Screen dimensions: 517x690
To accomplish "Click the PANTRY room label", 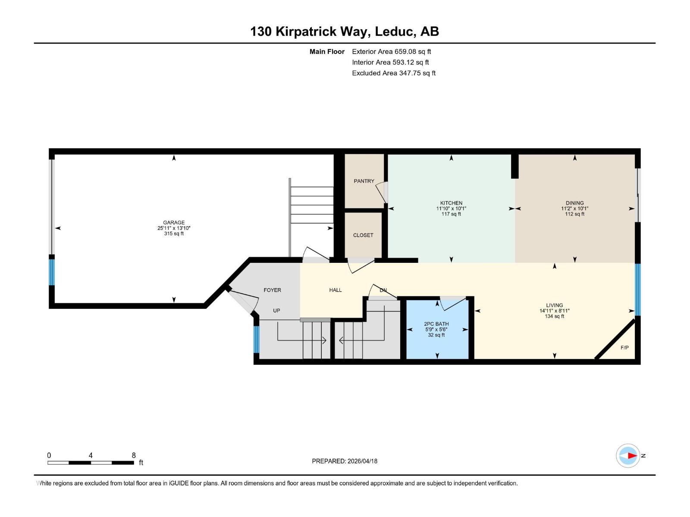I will (364, 181).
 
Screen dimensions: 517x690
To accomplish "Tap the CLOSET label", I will (363, 235).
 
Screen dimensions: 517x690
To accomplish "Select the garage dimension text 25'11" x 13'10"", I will (174, 228).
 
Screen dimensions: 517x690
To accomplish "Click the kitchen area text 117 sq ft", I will (451, 214).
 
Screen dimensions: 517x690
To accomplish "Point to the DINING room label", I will (574, 203).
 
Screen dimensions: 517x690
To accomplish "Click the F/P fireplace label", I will (624, 348).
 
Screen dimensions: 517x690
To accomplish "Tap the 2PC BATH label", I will (436, 324).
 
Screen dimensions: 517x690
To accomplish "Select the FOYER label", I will (272, 290).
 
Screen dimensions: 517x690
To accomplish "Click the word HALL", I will (335, 290).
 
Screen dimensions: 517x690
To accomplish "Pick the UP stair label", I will (276, 311).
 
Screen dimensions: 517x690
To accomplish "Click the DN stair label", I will (383, 290).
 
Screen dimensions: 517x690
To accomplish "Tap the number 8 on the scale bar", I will (134, 455).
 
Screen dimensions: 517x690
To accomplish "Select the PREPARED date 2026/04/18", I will (362, 461).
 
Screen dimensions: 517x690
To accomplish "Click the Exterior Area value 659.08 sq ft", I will (413, 52).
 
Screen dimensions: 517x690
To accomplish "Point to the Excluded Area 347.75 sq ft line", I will (393, 73).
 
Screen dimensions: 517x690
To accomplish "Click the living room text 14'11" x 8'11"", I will (554, 311).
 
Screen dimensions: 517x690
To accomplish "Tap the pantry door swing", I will (381, 193).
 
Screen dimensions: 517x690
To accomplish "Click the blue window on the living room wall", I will (637, 289).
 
